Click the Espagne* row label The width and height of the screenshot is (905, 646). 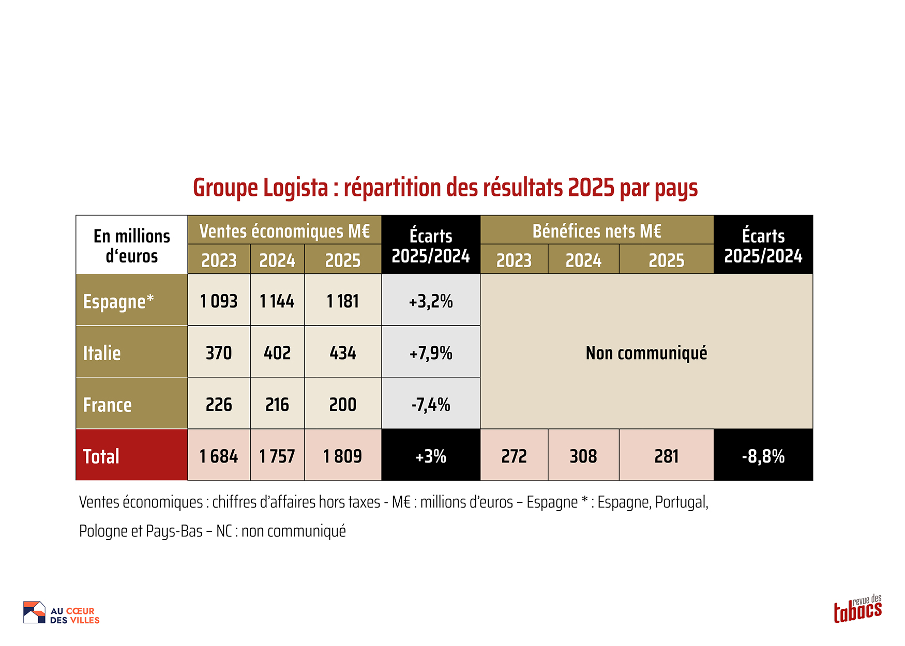[118, 301]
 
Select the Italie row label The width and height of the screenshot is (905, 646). [102, 353]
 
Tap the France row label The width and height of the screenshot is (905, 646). [108, 405]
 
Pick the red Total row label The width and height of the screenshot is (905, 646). [101, 456]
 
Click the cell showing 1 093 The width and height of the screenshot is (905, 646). [219, 301]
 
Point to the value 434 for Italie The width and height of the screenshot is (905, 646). [343, 353]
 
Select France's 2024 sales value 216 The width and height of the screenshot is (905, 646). [277, 405]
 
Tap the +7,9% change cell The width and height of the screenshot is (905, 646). [431, 353]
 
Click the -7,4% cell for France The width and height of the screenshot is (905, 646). [431, 405]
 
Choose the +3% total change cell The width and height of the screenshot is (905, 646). [431, 456]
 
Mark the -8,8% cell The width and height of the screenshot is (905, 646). [763, 456]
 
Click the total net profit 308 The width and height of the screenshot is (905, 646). [583, 456]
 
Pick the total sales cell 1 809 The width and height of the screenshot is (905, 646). [343, 456]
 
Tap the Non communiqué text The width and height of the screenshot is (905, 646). [646, 353]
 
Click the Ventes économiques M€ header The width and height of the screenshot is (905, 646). [284, 231]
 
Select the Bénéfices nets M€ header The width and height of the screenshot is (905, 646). [597, 231]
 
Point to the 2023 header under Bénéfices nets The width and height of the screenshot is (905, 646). [514, 260]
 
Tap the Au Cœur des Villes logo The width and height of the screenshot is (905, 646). [61, 613]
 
